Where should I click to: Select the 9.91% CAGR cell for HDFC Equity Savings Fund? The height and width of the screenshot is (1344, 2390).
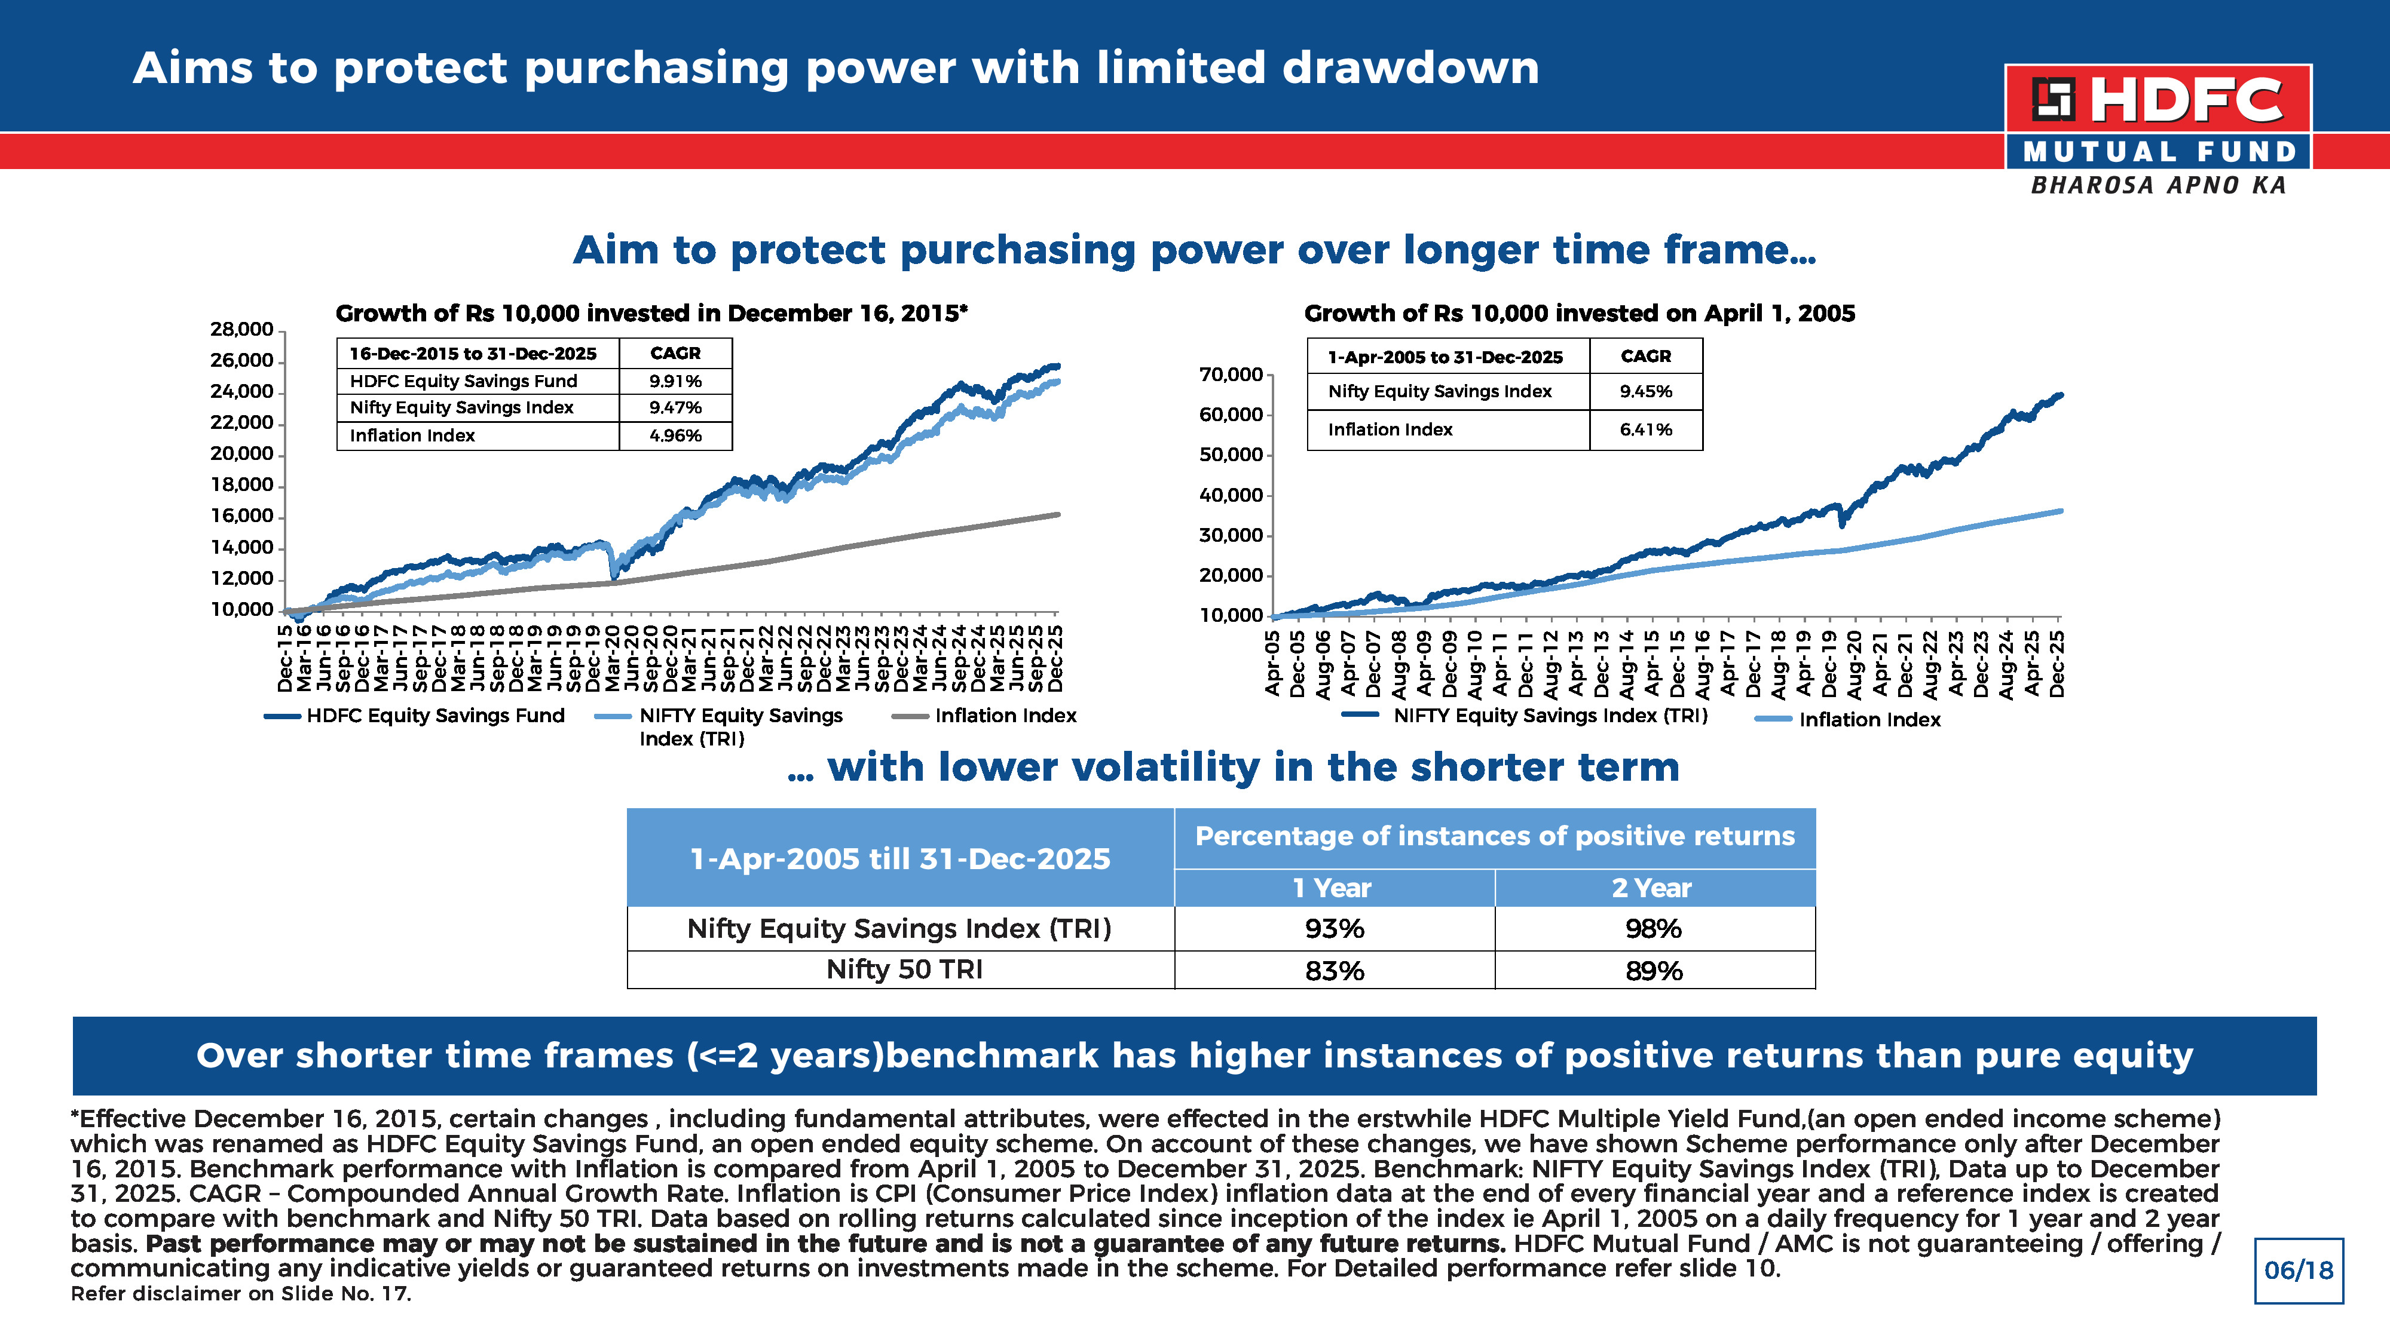(675, 381)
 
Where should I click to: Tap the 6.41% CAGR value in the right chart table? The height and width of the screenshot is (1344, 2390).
(1646, 429)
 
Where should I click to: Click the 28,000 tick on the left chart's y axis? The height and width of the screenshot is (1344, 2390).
(242, 329)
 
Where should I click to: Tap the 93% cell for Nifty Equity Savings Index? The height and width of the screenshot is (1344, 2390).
(1334, 928)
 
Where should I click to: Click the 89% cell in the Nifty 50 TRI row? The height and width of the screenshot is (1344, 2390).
(1654, 970)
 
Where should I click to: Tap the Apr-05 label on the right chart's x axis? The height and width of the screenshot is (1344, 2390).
(1273, 662)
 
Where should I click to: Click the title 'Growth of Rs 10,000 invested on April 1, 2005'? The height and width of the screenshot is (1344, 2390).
(1579, 314)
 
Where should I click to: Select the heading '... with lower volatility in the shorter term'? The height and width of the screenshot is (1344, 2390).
(1233, 767)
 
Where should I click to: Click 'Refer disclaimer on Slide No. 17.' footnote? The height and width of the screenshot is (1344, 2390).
(241, 1293)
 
